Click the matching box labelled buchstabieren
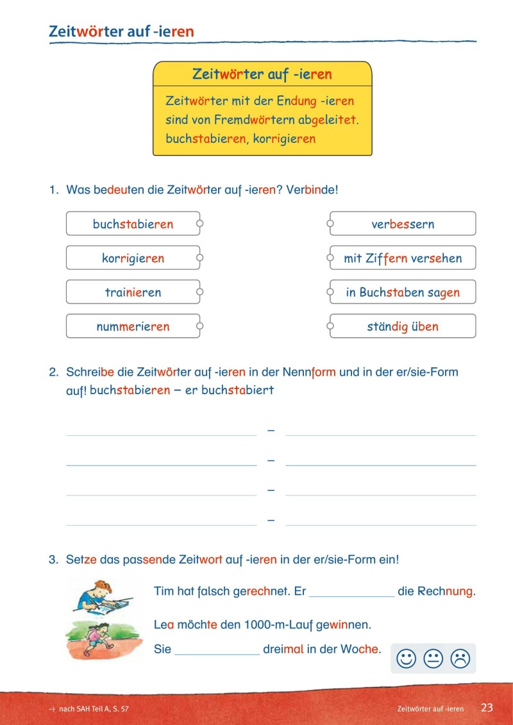click(x=133, y=224)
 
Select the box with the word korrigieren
click(x=133, y=258)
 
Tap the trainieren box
click(x=133, y=292)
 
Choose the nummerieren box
click(x=133, y=326)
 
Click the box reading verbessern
click(x=403, y=224)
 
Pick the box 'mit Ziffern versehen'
click(x=403, y=258)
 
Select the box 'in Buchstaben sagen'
click(x=403, y=292)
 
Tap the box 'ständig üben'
click(x=403, y=326)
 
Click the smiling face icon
click(x=406, y=658)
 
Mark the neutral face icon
click(x=433, y=658)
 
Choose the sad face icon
click(x=460, y=658)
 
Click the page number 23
click(x=487, y=708)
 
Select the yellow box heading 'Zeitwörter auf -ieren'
click(x=262, y=74)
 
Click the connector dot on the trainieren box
click(x=199, y=292)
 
